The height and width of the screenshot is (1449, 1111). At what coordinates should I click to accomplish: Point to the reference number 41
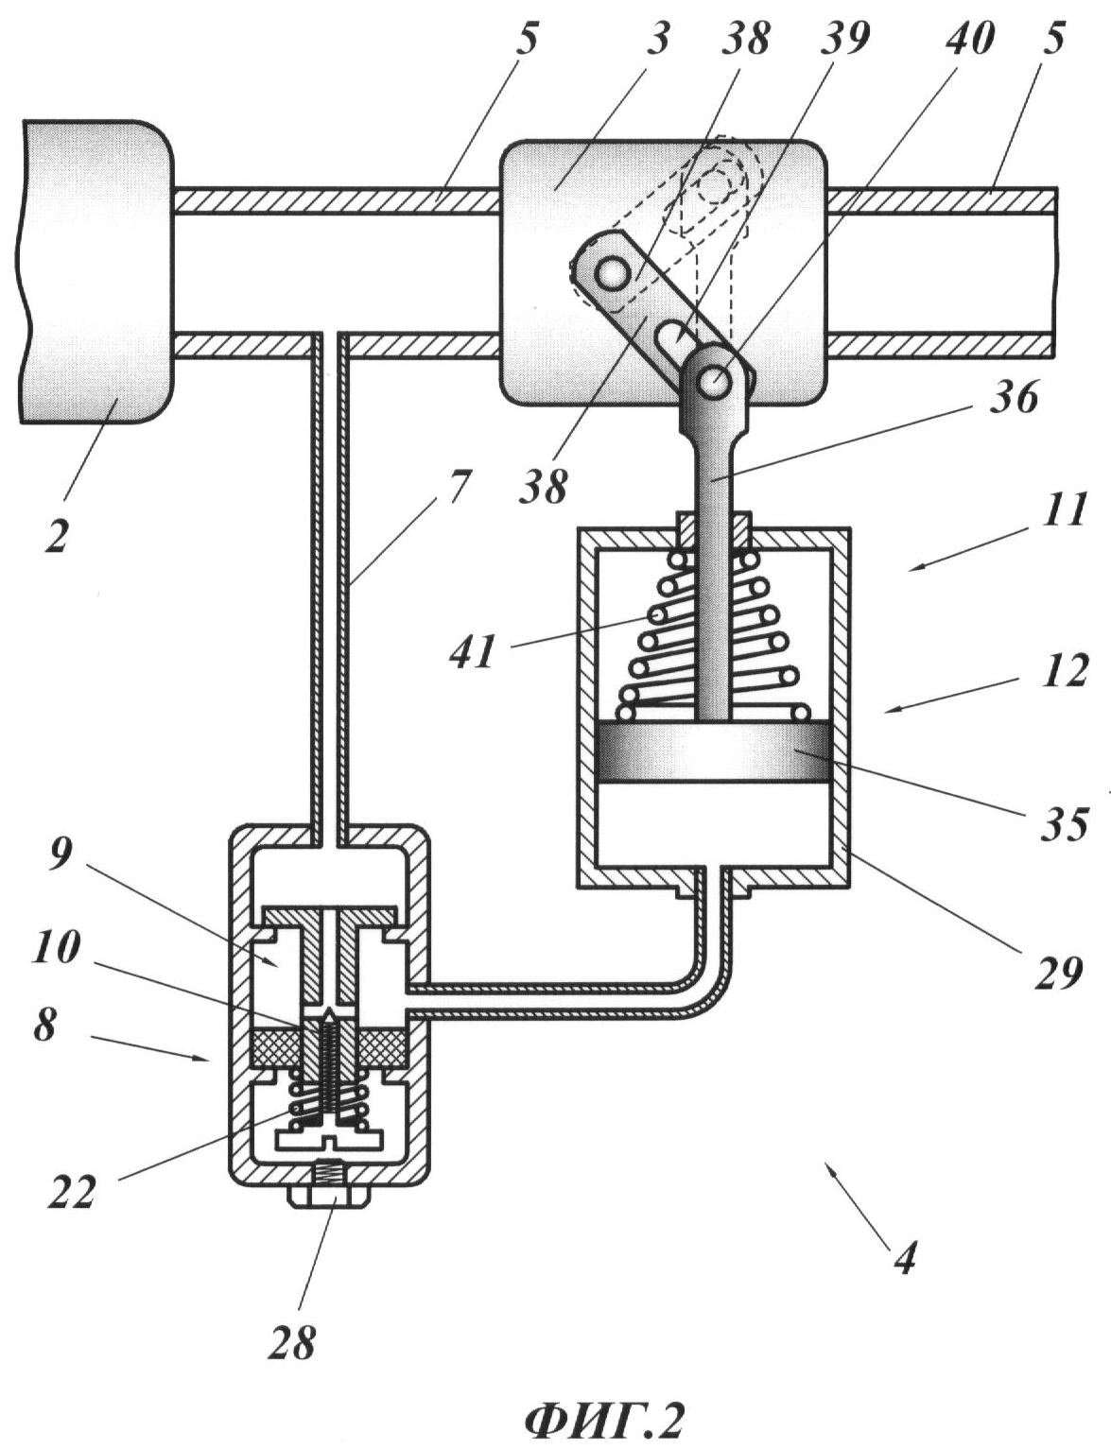[473, 651]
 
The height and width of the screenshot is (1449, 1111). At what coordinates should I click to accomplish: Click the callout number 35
[1065, 823]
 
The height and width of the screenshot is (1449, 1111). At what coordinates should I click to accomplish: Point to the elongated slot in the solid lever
[675, 334]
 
